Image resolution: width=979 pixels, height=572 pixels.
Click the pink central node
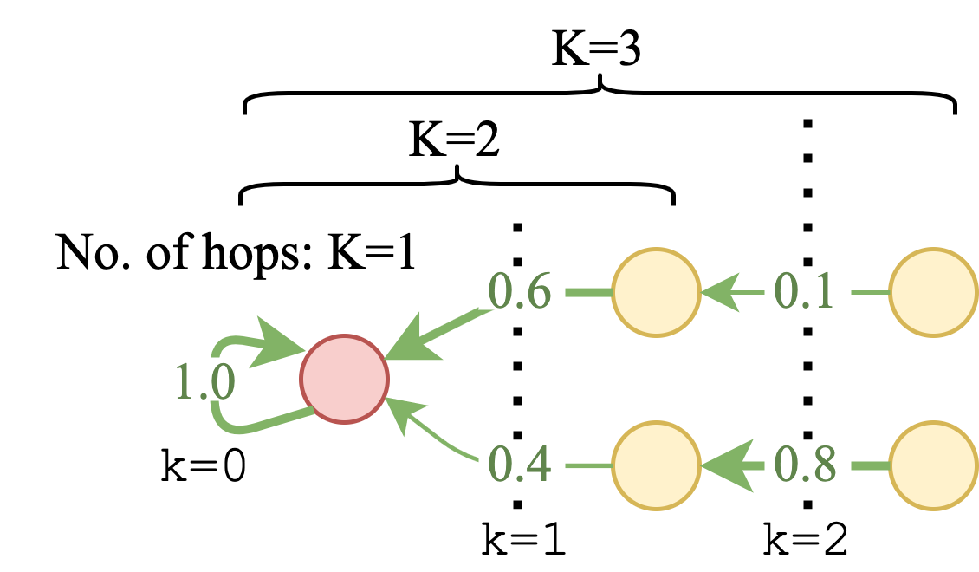coord(344,379)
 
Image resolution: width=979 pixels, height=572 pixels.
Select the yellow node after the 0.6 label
coord(656,294)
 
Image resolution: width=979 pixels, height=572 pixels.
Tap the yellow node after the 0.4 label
coord(656,467)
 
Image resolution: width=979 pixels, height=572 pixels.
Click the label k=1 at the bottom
coord(524,539)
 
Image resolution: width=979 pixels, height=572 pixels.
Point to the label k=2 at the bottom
coord(805,539)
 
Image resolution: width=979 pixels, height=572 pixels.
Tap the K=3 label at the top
coord(597,52)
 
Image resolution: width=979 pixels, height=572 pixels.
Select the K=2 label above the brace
coord(455,140)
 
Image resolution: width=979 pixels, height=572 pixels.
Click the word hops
coord(276,253)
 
